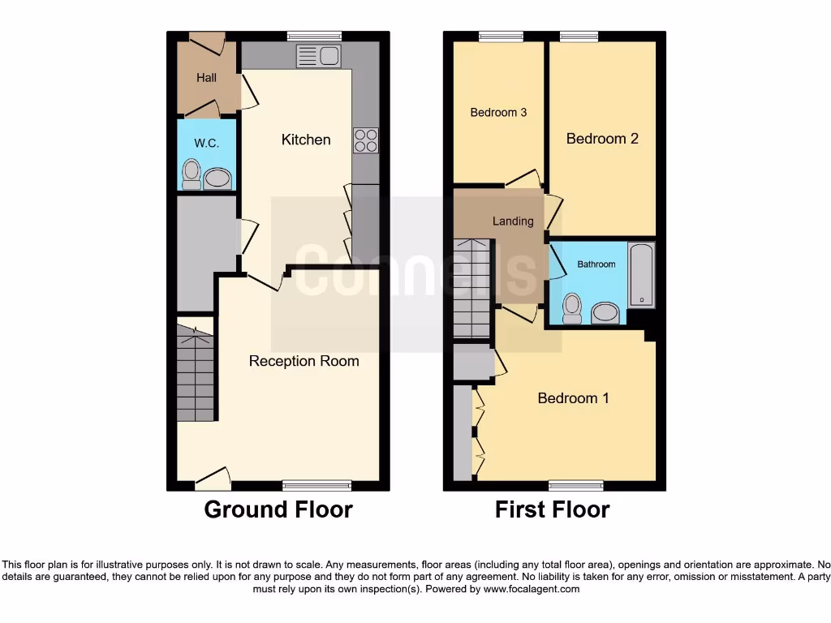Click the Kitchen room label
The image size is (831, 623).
[x=306, y=140]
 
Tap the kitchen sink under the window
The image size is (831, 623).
[x=319, y=56]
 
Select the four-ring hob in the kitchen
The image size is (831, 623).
[x=365, y=140]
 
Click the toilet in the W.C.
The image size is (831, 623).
[x=192, y=174]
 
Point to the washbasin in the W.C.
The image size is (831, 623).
[x=217, y=178]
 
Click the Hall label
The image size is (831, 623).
[x=206, y=78]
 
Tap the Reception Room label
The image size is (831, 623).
[x=304, y=361]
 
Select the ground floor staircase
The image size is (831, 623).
[x=196, y=373]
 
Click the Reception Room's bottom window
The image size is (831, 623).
[x=316, y=485]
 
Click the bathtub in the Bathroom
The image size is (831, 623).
[x=641, y=274]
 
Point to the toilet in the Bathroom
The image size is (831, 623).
[x=572, y=308]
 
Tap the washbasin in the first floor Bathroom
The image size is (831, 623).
[x=605, y=312]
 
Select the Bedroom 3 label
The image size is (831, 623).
[x=498, y=112]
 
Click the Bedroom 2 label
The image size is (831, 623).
[x=602, y=139]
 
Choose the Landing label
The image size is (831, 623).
[x=513, y=221]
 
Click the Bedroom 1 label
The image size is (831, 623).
[x=573, y=397]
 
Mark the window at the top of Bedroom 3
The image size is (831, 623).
[x=501, y=36]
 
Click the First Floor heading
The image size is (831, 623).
[x=552, y=509]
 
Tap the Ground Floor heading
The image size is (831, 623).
[x=278, y=509]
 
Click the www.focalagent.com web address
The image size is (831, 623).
[x=531, y=589]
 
